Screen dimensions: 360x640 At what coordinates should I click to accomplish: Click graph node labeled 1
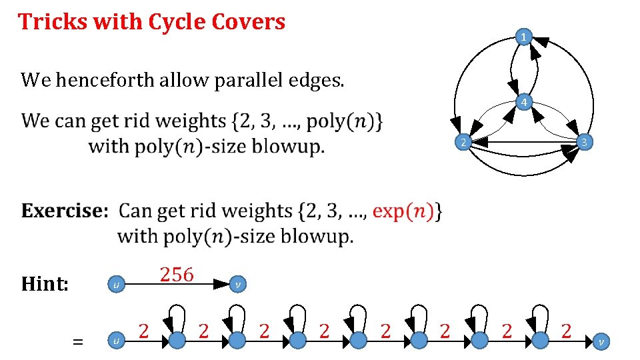click(x=525, y=37)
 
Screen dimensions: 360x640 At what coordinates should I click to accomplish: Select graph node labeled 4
click(x=525, y=103)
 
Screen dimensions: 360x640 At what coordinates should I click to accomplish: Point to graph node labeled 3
click(x=583, y=142)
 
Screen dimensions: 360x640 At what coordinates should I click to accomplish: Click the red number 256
click(x=177, y=274)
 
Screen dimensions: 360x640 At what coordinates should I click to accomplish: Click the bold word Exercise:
click(x=64, y=211)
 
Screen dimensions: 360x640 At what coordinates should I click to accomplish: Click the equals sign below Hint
click(x=78, y=341)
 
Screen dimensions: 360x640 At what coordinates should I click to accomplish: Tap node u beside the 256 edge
click(x=116, y=285)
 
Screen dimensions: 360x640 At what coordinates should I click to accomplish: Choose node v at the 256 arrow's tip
click(x=238, y=285)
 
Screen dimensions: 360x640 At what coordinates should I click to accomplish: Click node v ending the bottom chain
click(x=601, y=341)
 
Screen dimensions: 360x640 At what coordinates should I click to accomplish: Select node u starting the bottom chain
click(x=116, y=341)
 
